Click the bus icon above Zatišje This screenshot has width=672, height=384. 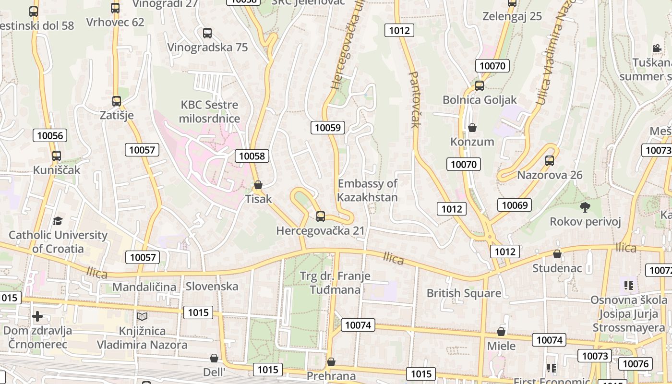point(117,101)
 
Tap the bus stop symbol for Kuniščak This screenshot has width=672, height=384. point(57,156)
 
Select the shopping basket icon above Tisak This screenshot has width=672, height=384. point(258,185)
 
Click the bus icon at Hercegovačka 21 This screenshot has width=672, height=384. point(321,216)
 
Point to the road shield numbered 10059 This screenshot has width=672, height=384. point(328,127)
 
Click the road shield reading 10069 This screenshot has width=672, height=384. point(515,205)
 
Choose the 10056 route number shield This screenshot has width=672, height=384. point(50,135)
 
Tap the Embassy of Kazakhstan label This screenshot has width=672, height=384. point(368,190)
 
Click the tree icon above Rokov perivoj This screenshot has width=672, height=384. point(585,207)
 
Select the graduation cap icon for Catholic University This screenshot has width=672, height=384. point(58,221)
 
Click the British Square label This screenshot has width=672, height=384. point(464,293)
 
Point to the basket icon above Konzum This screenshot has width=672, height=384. point(472,128)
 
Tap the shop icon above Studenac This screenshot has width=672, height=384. point(557,254)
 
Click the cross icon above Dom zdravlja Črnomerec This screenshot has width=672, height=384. point(37,316)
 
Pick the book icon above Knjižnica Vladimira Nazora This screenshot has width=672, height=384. point(142,317)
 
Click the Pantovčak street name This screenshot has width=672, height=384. point(415,99)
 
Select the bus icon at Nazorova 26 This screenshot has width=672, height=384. point(550,161)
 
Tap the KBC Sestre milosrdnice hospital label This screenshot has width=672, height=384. point(209,111)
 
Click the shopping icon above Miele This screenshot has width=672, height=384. point(501,332)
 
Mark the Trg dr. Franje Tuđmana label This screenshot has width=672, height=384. point(335,283)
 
